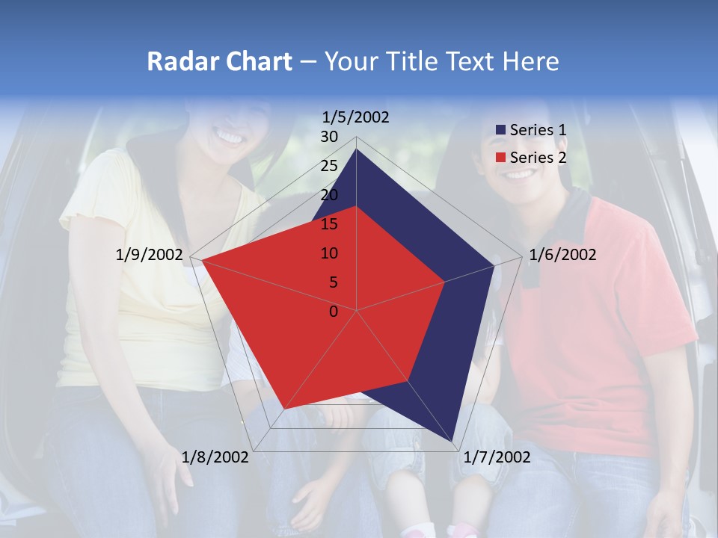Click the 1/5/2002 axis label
point(356,117)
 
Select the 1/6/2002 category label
point(562,255)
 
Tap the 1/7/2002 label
point(497,457)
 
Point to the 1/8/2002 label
point(215,457)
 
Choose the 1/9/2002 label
point(150,255)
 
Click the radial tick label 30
point(329,137)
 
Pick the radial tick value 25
point(329,166)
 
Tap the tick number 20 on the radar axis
point(329,195)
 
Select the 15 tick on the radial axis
point(329,224)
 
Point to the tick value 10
point(329,253)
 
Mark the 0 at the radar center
point(334,312)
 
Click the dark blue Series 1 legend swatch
point(500,130)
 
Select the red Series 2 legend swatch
point(500,158)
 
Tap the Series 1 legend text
point(538,130)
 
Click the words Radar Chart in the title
point(219,61)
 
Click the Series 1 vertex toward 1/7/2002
point(452,440)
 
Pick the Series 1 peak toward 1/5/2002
point(357,149)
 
